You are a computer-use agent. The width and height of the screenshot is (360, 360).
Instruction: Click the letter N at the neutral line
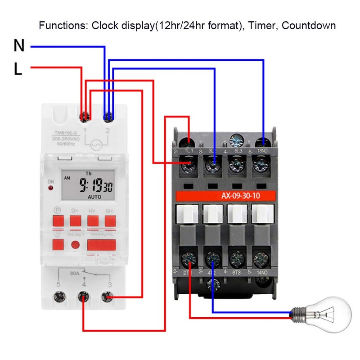click(19, 45)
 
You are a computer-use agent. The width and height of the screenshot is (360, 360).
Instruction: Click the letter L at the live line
click(18, 69)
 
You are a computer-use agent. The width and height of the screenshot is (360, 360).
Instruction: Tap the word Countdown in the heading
click(309, 25)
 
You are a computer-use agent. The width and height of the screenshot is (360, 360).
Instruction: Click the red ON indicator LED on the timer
click(51, 188)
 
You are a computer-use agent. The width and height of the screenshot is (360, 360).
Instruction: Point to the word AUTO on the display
click(94, 197)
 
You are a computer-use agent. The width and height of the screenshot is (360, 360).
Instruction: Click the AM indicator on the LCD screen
click(67, 178)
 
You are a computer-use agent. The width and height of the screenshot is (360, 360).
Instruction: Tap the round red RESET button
click(76, 244)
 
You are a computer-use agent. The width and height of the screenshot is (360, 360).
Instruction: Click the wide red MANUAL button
click(101, 244)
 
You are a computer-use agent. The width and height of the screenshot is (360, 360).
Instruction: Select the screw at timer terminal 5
click(59, 297)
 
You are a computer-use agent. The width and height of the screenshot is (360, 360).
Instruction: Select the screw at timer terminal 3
click(107, 297)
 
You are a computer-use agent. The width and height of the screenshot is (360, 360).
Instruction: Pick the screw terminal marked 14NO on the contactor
click(260, 259)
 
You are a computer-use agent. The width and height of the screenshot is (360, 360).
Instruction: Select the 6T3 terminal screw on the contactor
click(236, 259)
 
